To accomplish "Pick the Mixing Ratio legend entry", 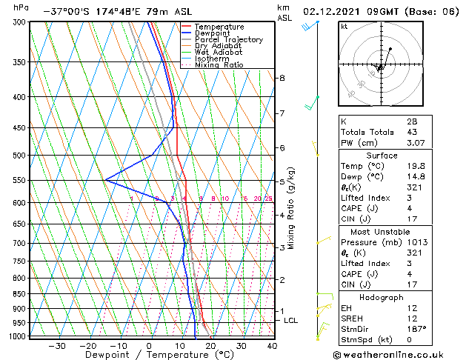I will pos(219,65).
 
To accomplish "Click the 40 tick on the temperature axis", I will pos(272,345).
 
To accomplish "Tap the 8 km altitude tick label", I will pos(282,78).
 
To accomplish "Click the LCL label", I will pos(290,320).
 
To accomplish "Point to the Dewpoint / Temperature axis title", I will pos(150,355).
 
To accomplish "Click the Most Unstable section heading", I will pos(397,231).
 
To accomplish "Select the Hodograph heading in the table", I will pos(397,296).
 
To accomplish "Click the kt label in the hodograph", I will pos(344,26).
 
